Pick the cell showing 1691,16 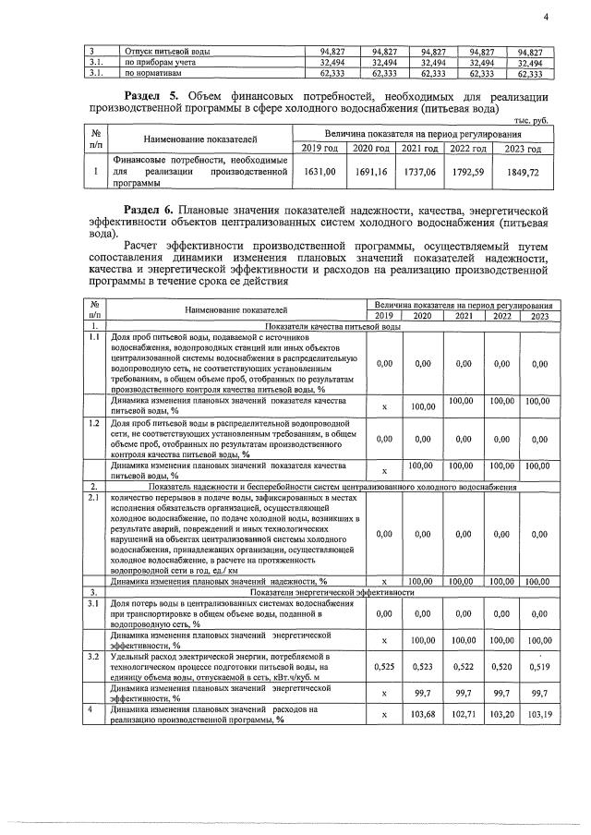point(374,172)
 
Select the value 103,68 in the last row point(422,714)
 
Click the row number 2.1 point(93,498)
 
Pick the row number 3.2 point(93,655)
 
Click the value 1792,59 point(470,172)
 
